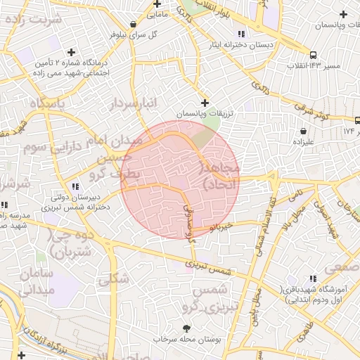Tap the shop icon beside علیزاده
click(303, 130)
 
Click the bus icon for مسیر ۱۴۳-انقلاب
click(313, 55)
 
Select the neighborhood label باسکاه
click(49, 103)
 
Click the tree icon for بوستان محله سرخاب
click(186, 328)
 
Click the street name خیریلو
click(221, 228)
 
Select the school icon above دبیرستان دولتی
click(75, 186)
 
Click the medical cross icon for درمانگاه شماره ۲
click(70, 52)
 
